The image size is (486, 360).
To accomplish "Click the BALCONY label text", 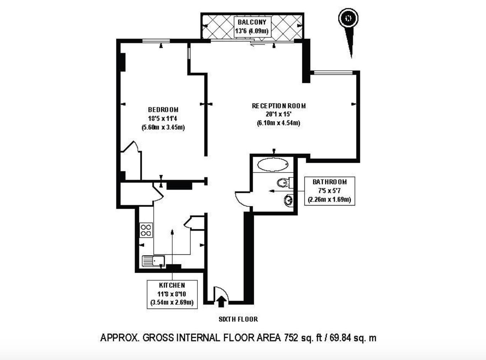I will (x=252, y=22).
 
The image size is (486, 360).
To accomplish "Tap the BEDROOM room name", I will (x=163, y=110).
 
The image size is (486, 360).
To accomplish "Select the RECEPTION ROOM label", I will (x=279, y=106).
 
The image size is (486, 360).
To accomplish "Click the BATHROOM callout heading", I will (x=330, y=182).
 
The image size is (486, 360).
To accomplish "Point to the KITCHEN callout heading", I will (x=172, y=285).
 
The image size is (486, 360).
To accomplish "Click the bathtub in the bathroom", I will (x=273, y=165).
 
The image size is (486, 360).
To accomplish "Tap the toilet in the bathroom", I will (x=284, y=183).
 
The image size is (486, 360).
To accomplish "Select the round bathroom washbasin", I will (x=288, y=200).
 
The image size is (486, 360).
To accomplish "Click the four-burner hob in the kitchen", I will (x=146, y=230).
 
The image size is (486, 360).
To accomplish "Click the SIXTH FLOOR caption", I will (x=238, y=319).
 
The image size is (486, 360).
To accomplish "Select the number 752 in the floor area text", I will (x=291, y=338).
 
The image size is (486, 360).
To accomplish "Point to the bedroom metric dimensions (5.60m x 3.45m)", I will (x=163, y=127).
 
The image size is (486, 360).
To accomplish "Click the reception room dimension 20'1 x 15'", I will (x=279, y=115).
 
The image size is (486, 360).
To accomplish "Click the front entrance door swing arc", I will (x=220, y=291).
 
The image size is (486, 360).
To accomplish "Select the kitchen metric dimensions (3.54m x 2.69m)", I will (x=172, y=302).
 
